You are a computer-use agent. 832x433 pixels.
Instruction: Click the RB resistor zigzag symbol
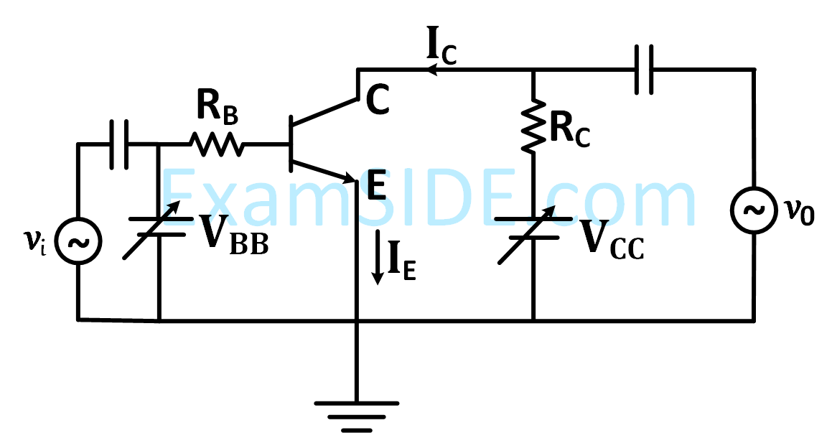[x=217, y=144]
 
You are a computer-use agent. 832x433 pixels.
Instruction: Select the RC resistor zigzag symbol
[x=533, y=125]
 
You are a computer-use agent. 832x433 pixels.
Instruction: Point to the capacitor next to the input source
[x=119, y=144]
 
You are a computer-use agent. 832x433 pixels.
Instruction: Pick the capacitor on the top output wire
[x=644, y=70]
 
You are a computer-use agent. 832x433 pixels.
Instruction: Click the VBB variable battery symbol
[x=159, y=226]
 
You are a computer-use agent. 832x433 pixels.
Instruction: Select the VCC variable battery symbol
[x=533, y=225]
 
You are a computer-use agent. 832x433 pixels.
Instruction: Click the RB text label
[x=217, y=110]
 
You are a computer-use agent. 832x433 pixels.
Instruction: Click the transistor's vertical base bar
[x=291, y=144]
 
